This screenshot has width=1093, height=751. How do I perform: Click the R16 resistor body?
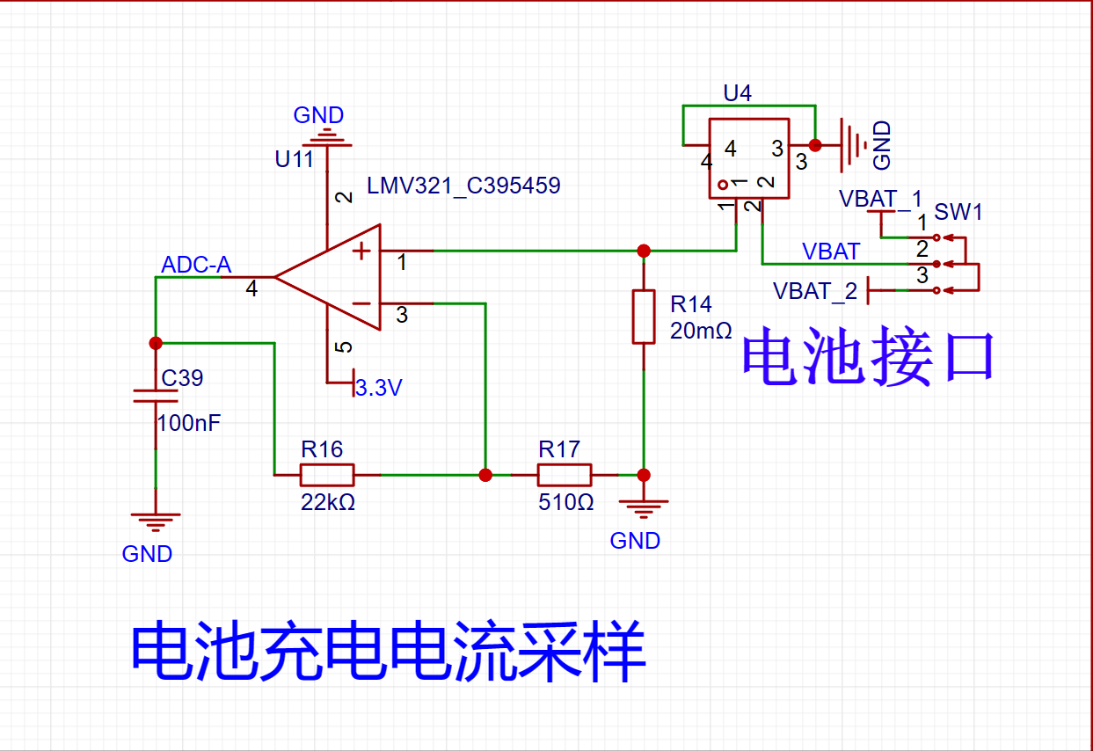[x=327, y=475]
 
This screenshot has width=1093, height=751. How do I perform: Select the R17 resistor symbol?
[x=565, y=475]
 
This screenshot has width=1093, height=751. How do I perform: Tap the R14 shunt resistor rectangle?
[x=644, y=317]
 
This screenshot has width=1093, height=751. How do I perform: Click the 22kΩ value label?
[x=328, y=502]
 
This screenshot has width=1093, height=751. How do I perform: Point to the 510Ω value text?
[x=566, y=502]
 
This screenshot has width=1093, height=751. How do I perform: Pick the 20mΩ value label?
[x=701, y=331]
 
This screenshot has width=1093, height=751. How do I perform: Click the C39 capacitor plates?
[x=156, y=396]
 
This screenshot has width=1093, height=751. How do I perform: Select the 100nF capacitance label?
[x=189, y=423]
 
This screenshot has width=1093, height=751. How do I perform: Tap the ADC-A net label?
[x=196, y=265]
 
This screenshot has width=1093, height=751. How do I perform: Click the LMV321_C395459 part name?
[x=463, y=186]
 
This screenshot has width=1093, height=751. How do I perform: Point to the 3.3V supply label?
[x=379, y=388]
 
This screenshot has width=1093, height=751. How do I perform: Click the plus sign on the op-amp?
[x=361, y=252]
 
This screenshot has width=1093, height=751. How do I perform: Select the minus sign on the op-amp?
[x=361, y=303]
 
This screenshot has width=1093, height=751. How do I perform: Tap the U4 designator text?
[x=737, y=92]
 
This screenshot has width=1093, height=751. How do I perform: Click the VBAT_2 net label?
[x=815, y=291]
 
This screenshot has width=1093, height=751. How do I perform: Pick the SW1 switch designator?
[x=958, y=212]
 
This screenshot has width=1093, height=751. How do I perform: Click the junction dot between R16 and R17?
[x=485, y=475]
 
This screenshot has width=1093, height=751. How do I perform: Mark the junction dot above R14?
[x=644, y=251]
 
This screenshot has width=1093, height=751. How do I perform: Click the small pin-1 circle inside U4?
[x=723, y=185]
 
